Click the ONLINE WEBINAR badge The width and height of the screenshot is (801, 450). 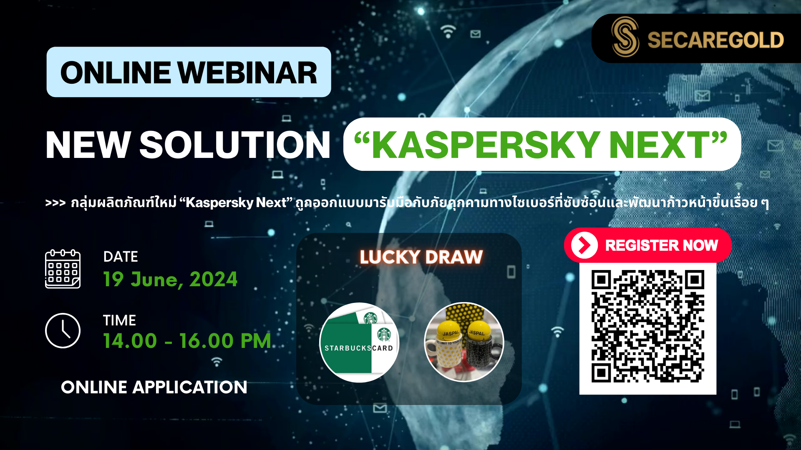189,72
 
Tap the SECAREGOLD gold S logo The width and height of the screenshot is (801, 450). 625,37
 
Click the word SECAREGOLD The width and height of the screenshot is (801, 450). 715,40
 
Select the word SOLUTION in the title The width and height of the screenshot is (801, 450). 235,145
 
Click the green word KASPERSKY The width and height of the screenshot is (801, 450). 486,145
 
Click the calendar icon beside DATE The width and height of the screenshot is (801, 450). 63,269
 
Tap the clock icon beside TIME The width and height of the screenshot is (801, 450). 63,330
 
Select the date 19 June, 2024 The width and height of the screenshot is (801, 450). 170,279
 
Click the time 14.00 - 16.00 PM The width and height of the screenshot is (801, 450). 187,341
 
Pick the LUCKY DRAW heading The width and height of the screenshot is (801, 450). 421,257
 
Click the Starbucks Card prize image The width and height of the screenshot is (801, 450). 359,342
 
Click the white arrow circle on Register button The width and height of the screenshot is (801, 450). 584,245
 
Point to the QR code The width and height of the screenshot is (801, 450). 648,326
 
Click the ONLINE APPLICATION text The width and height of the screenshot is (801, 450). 154,387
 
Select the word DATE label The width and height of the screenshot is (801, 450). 121,257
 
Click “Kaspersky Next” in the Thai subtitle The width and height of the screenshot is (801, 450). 236,202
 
